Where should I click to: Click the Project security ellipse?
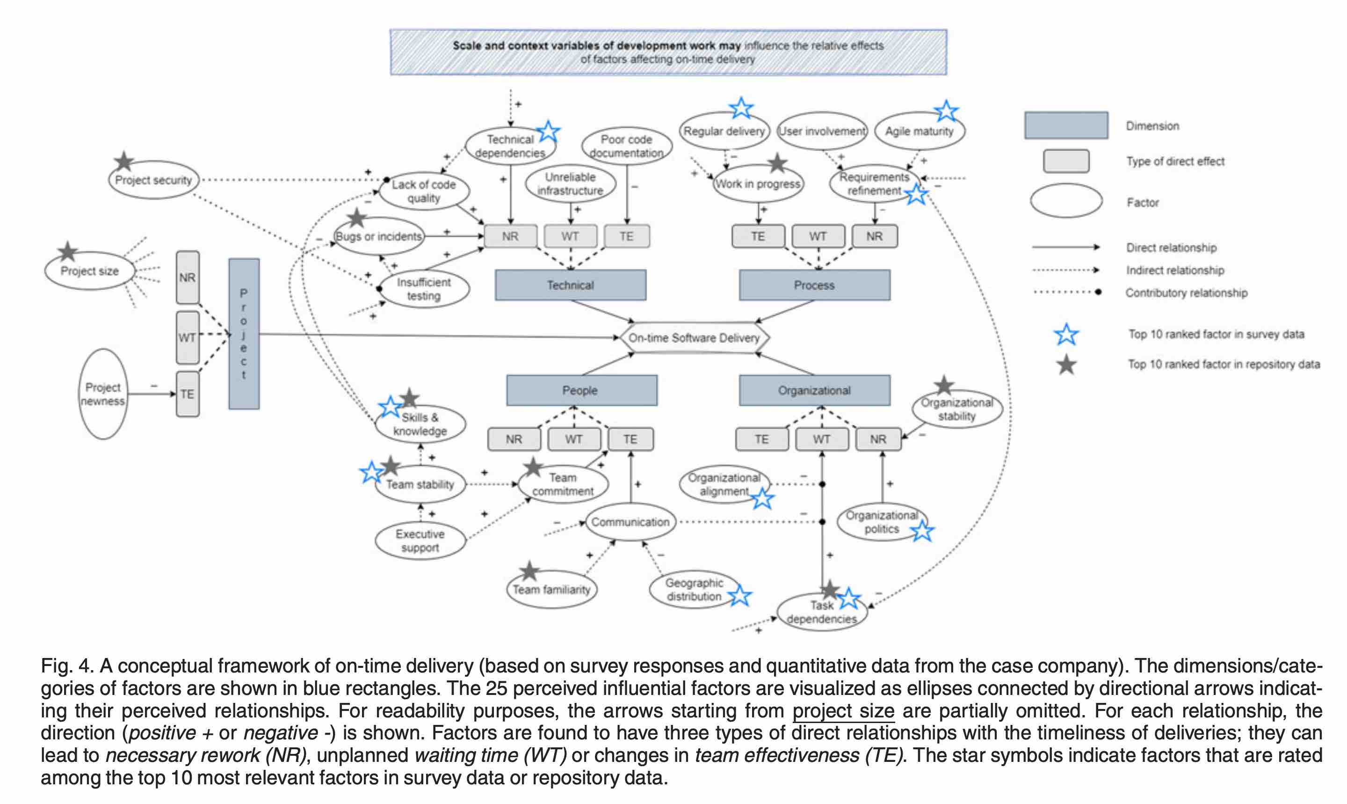pyautogui.click(x=154, y=180)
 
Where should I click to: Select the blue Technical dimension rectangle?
pyautogui.click(x=570, y=285)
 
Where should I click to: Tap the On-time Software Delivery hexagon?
pyautogui.click(x=694, y=338)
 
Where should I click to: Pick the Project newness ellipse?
pyautogui.click(x=103, y=394)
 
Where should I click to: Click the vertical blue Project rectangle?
pyautogui.click(x=244, y=334)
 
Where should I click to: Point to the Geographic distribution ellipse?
pyautogui.click(x=694, y=590)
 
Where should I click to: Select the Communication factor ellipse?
pyautogui.click(x=630, y=522)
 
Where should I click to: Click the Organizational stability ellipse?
pyautogui.click(x=956, y=409)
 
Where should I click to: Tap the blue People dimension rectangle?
pyautogui.click(x=581, y=390)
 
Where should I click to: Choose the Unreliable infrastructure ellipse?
pyautogui.click(x=570, y=183)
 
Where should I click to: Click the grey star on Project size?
pyautogui.click(x=68, y=251)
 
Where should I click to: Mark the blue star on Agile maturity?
pyautogui.click(x=946, y=111)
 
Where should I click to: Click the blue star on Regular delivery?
pyautogui.click(x=741, y=109)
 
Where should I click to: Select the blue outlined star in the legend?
pyautogui.click(x=1066, y=334)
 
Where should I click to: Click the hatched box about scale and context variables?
pyautogui.click(x=668, y=52)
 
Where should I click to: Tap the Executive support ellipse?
pyautogui.click(x=420, y=540)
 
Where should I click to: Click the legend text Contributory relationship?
pyautogui.click(x=1186, y=292)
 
